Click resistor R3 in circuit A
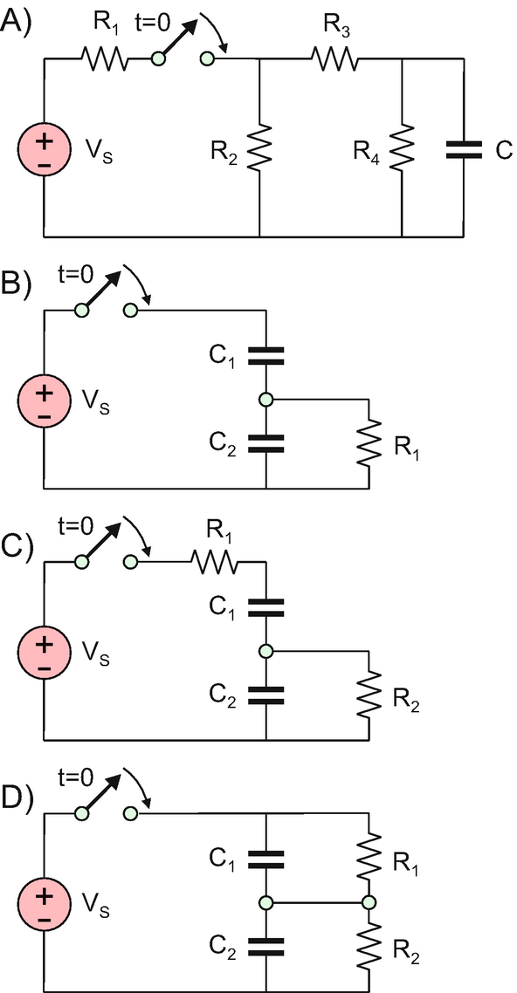click(x=334, y=59)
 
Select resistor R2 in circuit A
click(x=259, y=147)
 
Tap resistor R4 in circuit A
click(x=403, y=147)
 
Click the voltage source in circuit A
click(x=44, y=151)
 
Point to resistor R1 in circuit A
click(x=104, y=59)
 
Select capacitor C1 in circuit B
click(x=266, y=356)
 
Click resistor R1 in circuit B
click(x=369, y=444)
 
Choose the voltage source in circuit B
click(x=44, y=403)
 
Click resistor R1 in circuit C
click(x=217, y=562)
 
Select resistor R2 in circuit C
click(x=369, y=695)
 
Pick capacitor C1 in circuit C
click(x=266, y=607)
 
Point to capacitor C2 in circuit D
click(x=266, y=946)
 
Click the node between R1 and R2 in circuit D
click(x=369, y=901)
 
